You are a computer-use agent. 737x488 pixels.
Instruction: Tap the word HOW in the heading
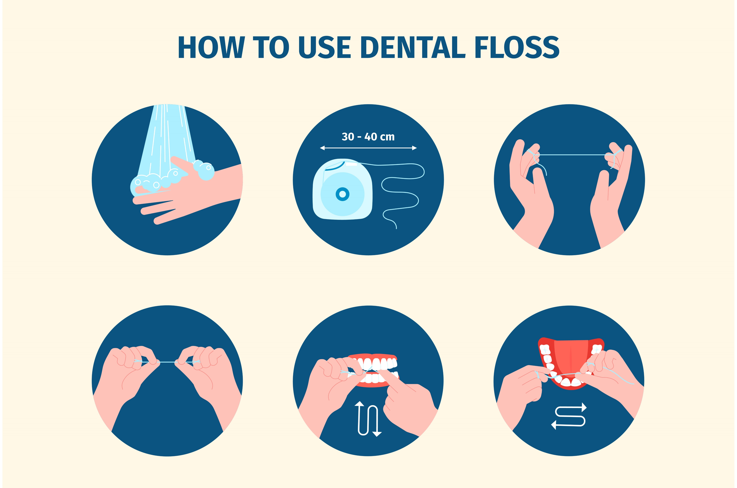211,48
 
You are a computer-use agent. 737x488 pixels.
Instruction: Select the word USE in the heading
325,48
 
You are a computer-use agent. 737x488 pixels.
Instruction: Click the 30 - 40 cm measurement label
368,137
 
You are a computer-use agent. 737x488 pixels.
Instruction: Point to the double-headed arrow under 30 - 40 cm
368,148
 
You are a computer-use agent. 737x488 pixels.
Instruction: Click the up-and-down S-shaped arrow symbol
368,419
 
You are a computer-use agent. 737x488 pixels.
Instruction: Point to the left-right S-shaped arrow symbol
569,416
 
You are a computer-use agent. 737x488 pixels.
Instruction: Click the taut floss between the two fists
168,362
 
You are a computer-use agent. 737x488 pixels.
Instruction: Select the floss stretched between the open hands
571,155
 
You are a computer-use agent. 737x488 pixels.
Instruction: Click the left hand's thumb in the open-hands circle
541,184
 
